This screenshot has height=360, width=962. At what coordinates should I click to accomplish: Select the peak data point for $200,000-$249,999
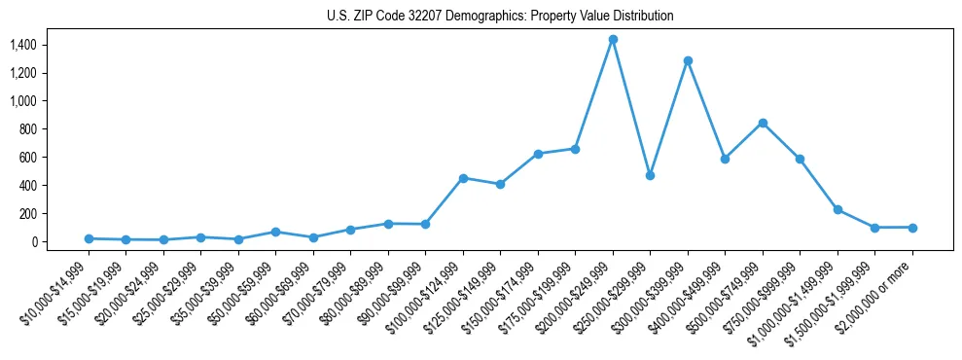[613, 40]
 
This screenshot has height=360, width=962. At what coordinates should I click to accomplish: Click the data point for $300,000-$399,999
[688, 60]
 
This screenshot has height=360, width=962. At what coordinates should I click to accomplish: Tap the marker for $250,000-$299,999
[650, 175]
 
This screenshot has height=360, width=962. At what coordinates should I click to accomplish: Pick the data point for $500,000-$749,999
[763, 123]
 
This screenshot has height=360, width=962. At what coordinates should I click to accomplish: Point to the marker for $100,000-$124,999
[463, 178]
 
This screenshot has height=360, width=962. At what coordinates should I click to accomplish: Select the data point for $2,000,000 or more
[912, 228]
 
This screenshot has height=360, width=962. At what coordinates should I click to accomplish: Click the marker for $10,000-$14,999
[89, 238]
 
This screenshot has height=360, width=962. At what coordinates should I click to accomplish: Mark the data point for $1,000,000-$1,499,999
[837, 209]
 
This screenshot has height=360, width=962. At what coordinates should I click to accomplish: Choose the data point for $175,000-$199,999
[575, 149]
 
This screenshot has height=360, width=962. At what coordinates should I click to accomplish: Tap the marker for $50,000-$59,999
[275, 232]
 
